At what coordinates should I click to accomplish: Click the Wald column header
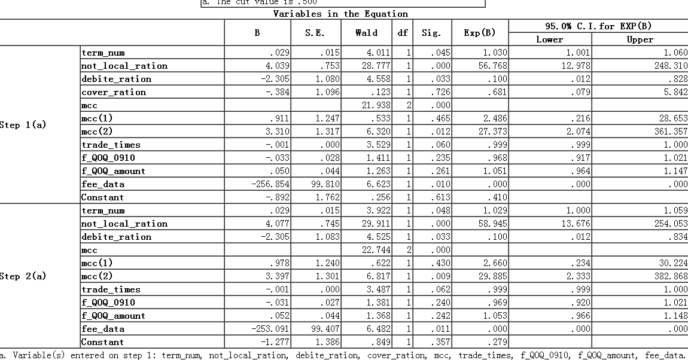(366, 33)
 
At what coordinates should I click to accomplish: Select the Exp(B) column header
(480, 33)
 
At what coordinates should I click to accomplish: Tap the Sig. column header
(431, 33)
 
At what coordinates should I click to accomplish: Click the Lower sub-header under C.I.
(549, 39)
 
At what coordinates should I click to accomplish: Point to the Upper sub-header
(640, 39)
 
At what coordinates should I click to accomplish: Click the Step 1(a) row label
(23, 125)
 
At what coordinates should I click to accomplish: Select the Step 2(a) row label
(23, 276)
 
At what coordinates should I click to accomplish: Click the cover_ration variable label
(114, 92)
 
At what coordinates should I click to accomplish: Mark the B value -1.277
(275, 342)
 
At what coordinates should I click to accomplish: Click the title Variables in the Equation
(340, 14)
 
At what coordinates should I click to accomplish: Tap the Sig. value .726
(442, 92)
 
